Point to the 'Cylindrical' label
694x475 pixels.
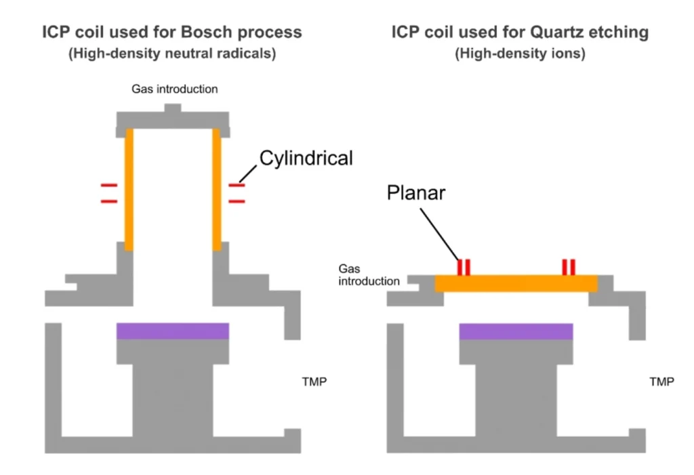(306, 159)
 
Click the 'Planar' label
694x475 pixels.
(416, 193)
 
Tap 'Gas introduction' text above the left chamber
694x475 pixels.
(175, 89)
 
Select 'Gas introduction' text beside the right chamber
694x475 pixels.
(369, 276)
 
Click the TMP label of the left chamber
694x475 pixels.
(314, 382)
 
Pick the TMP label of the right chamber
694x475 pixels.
(661, 382)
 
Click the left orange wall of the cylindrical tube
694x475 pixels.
(129, 189)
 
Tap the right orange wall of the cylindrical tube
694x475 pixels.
(217, 189)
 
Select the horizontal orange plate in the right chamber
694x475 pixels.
(516, 283)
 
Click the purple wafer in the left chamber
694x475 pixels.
(173, 331)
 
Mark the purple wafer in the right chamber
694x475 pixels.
(516, 331)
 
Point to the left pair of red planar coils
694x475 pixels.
(464, 267)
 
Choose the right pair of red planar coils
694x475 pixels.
(568, 267)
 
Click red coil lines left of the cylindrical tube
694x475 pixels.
(108, 192)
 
